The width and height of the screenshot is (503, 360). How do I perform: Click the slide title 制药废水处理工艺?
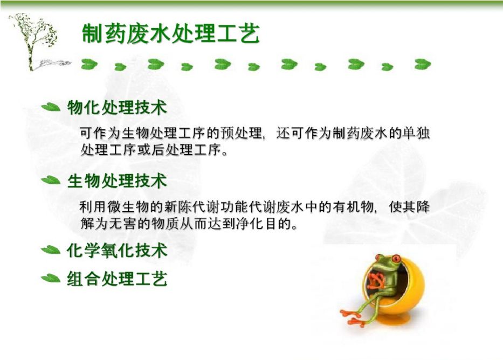tap(170, 33)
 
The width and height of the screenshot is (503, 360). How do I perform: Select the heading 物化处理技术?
tap(117, 107)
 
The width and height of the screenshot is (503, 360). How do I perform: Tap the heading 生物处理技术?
tap(117, 181)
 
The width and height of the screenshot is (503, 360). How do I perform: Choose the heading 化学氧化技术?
tap(117, 250)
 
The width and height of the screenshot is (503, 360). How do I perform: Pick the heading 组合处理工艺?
tap(117, 278)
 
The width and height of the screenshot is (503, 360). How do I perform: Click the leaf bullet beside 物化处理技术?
tap(51, 107)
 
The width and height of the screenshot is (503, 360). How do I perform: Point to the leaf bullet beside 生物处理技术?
tap(51, 180)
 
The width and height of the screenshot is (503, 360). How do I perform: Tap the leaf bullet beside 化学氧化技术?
tap(51, 250)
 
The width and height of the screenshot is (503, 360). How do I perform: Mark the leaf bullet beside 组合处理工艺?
tap(51, 278)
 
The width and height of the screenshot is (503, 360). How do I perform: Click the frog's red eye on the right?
tap(396, 258)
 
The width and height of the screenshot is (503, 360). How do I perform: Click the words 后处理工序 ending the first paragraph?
tap(187, 150)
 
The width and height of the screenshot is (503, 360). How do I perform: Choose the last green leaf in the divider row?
tap(423, 64)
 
